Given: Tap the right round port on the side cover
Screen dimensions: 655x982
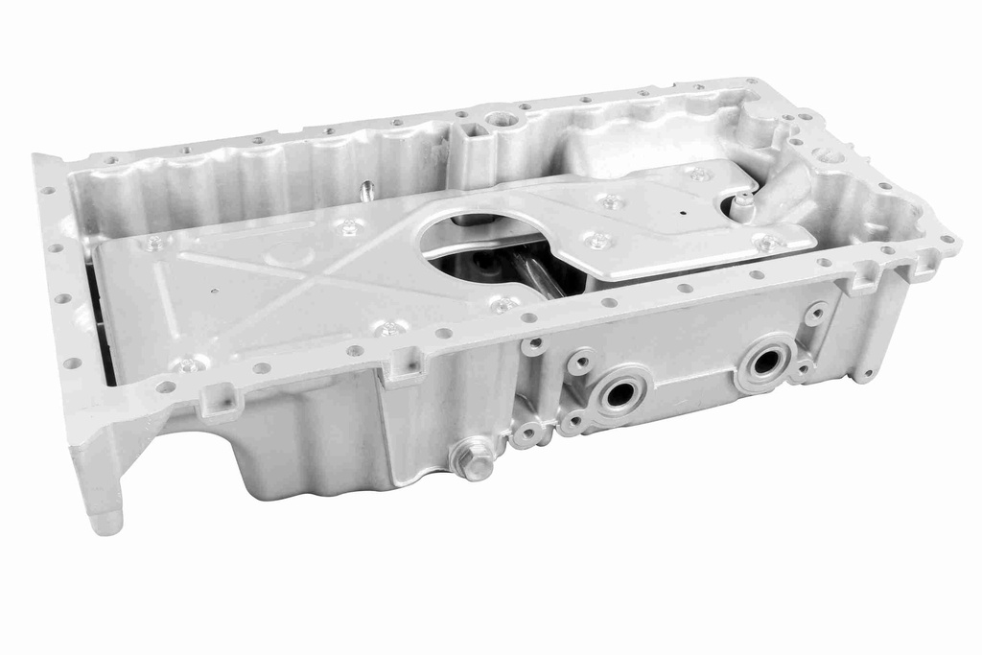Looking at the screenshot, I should [765, 362].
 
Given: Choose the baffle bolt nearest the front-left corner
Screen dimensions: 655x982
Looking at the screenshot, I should [188, 364].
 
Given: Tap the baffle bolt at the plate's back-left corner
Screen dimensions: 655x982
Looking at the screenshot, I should [154, 243].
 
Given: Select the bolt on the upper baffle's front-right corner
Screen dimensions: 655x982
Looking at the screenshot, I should [767, 243].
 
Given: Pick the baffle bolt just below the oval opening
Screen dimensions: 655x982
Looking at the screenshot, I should [502, 305].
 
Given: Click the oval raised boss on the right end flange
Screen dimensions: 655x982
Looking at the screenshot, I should [829, 154].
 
